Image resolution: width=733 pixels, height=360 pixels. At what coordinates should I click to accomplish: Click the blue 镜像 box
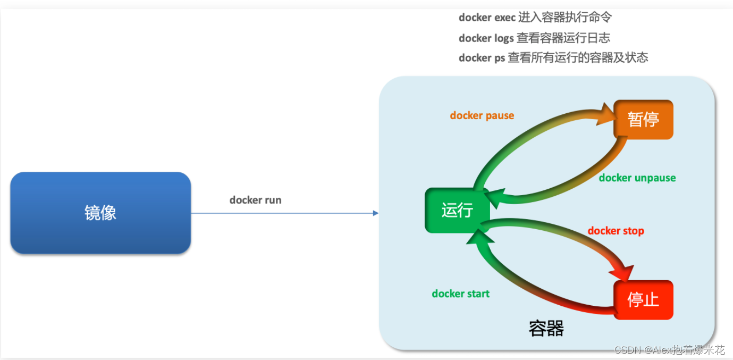coord(100,213)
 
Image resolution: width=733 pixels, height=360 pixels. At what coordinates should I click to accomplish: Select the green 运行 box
coord(457,211)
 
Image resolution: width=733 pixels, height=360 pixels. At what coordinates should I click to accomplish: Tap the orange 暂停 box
coord(643,120)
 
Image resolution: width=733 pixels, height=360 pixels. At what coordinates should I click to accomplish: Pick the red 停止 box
coord(643,300)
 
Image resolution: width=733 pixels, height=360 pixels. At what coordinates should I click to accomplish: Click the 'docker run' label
coord(255,200)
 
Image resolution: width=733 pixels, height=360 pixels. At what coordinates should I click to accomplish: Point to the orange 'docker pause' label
coord(482,115)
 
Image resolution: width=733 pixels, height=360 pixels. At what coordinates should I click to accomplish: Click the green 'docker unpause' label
coord(637,178)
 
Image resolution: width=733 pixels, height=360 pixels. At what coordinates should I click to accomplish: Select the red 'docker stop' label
coord(616,231)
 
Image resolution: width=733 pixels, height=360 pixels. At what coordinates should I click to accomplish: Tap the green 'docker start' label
coord(460,294)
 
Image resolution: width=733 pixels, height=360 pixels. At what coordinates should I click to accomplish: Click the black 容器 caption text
coord(546,329)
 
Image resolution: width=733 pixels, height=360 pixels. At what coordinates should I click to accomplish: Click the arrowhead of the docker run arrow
coord(376,213)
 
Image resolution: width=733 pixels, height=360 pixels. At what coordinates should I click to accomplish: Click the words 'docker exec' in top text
coord(487,18)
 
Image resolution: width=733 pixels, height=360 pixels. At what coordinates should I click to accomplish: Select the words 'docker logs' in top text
coord(486,38)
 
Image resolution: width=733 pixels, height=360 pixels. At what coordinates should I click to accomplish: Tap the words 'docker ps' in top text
coord(482,58)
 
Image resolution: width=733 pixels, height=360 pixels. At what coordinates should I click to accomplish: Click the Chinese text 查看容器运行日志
coord(563,38)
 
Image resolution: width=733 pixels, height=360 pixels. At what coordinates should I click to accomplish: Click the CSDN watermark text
coord(669,349)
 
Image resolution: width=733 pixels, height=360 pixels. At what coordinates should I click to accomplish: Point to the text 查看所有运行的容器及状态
coord(578,58)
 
